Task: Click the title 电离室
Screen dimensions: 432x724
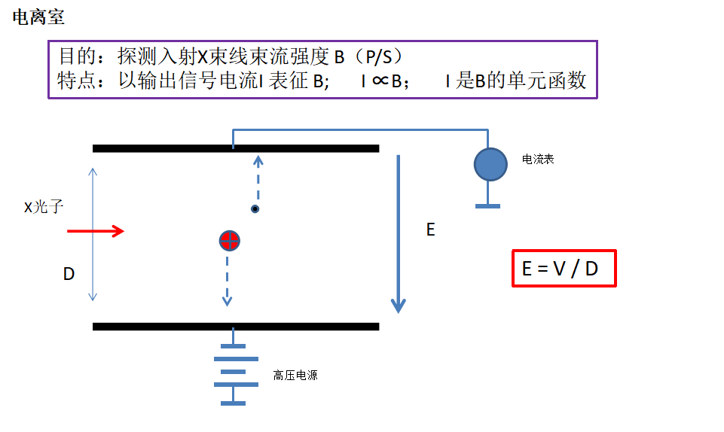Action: [38, 18]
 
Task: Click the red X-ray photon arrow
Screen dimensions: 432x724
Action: [96, 231]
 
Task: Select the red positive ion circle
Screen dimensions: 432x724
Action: [230, 241]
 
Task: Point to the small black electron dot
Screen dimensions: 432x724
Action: [255, 208]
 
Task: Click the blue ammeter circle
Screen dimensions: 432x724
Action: [490, 165]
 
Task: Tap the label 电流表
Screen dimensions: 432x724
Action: [538, 160]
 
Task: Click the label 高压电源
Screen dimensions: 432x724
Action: [295, 375]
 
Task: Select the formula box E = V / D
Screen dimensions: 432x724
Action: [564, 268]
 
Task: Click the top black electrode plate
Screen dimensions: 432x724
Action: [235, 148]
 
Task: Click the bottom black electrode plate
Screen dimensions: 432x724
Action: [235, 327]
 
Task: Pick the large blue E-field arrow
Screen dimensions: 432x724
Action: [398, 233]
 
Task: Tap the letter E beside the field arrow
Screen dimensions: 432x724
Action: [431, 230]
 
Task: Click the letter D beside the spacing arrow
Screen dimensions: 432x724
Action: [69, 274]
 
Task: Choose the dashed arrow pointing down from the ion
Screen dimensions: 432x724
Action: [227, 280]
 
